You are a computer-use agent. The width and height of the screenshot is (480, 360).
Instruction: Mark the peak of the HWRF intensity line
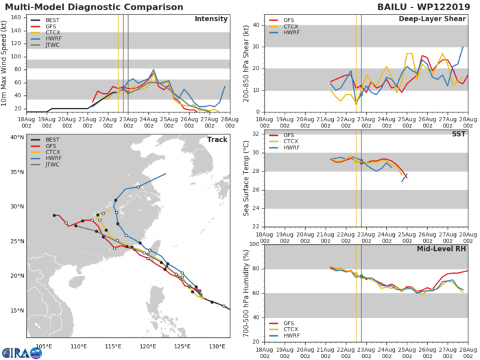tap(154, 70)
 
